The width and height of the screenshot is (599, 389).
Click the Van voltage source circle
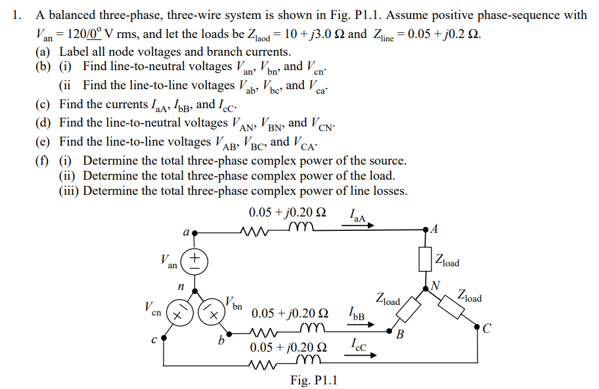pos(194,261)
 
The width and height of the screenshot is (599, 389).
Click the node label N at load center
pos(435,285)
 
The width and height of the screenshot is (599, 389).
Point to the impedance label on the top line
pos(287,213)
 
